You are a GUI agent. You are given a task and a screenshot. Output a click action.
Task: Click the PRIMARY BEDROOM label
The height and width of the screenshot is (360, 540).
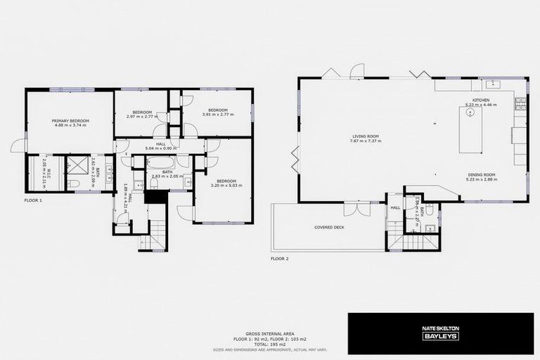tap(69, 121)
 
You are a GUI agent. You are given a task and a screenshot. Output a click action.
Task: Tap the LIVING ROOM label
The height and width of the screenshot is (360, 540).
tap(365, 136)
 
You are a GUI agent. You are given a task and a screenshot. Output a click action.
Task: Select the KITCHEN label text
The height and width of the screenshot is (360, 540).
tap(481, 100)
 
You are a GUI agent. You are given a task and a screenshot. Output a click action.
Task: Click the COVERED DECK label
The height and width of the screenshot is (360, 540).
tap(328, 228)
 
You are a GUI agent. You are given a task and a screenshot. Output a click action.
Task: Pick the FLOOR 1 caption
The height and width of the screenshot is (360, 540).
tap(33, 200)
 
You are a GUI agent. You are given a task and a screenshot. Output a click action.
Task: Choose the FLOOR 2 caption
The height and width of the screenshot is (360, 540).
tap(280, 258)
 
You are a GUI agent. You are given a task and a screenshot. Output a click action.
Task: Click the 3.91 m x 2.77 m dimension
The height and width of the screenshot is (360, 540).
tap(216, 114)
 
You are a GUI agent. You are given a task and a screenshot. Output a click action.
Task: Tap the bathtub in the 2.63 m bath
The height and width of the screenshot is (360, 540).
tap(165, 162)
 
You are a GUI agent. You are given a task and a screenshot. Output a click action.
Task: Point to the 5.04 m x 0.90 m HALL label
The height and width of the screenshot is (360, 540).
tap(159, 149)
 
